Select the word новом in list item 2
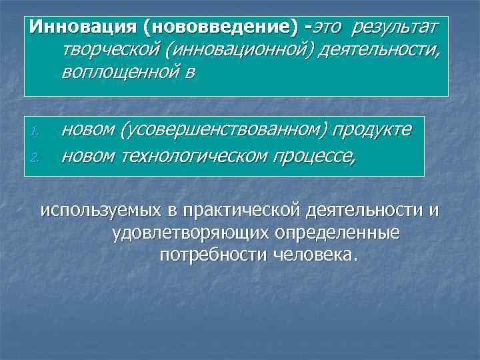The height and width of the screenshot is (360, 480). click(x=87, y=157)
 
